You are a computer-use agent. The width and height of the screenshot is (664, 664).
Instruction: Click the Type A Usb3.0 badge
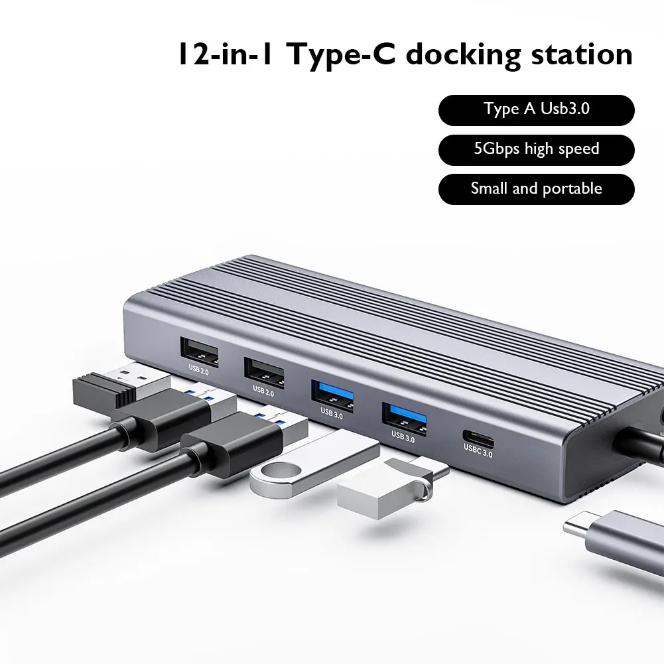click(x=536, y=109)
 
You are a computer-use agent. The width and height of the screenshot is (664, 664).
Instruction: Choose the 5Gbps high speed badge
click(x=536, y=149)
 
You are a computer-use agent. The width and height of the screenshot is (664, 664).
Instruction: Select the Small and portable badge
click(x=536, y=188)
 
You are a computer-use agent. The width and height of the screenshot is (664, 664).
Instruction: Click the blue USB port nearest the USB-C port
click(x=403, y=417)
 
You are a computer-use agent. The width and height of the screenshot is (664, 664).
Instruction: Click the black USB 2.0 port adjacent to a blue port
click(x=263, y=373)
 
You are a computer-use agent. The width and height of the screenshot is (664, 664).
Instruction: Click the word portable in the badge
click(x=572, y=189)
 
